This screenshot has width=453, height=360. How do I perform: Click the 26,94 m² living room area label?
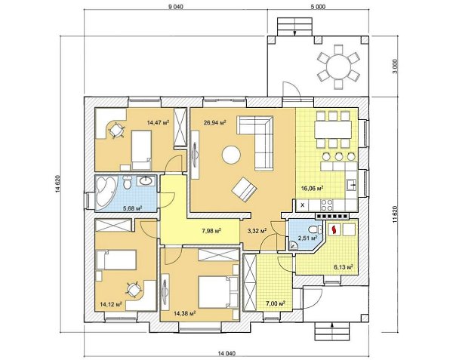[x=214, y=123]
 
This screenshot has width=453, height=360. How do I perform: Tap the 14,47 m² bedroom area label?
[x=158, y=123]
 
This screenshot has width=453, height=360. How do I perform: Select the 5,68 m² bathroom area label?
[x=133, y=208]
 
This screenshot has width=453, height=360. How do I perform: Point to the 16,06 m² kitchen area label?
[x=312, y=189]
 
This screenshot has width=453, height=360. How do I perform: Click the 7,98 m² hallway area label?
[x=211, y=231]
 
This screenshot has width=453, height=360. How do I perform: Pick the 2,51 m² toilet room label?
[x=308, y=238]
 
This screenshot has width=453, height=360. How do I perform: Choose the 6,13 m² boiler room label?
[x=344, y=267]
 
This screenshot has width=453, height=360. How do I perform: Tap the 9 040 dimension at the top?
[x=176, y=7]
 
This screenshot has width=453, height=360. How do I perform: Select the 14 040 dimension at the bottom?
[x=226, y=353]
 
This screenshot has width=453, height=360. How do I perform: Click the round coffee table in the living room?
[x=231, y=155]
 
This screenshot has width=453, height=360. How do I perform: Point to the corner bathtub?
[x=106, y=192]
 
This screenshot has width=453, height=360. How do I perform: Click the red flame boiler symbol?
[x=334, y=230]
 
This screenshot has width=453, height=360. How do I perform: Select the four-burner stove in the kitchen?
[x=327, y=205]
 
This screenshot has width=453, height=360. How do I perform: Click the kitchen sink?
[x=352, y=185]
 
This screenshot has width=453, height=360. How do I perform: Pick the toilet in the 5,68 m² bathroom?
[x=127, y=182]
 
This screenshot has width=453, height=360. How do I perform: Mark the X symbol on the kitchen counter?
[x=303, y=205]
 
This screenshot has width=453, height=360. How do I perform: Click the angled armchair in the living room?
[x=245, y=189]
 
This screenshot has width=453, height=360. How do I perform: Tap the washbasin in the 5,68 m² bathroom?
[x=146, y=181]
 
